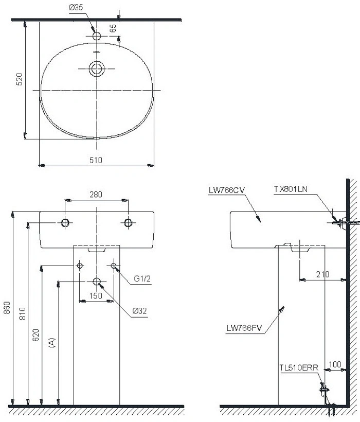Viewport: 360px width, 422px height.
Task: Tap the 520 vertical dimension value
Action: click(x=19, y=79)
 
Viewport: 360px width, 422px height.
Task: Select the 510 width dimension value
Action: click(x=96, y=160)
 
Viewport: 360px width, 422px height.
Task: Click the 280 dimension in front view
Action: click(x=96, y=195)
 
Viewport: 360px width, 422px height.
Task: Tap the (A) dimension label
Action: click(x=51, y=343)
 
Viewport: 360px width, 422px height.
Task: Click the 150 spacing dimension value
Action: click(x=96, y=295)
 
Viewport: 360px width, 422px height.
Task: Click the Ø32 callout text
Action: click(x=139, y=311)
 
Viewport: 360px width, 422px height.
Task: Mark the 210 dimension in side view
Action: click(x=322, y=274)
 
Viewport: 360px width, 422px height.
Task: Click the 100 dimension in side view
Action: click(x=334, y=364)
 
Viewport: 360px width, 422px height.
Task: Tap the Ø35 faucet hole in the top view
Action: click(x=96, y=37)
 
